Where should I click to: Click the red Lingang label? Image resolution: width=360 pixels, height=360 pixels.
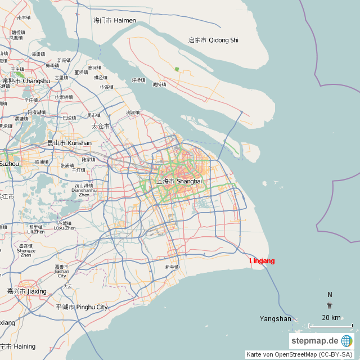(x=262, y=261)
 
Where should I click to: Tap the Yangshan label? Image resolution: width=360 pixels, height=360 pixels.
(x=275, y=319)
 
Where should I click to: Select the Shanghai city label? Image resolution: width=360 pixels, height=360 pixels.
(x=179, y=182)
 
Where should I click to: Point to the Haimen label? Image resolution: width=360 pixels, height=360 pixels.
(x=115, y=20)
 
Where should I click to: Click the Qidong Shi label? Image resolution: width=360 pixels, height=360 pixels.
(x=213, y=40)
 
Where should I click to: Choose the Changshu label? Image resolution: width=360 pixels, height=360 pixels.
(x=26, y=81)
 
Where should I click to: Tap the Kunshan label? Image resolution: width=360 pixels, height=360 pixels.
(x=70, y=143)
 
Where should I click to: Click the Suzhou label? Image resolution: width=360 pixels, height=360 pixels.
(x=9, y=164)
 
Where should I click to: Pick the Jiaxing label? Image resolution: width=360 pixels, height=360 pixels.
(x=26, y=291)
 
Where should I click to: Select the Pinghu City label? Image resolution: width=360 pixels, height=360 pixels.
(x=82, y=307)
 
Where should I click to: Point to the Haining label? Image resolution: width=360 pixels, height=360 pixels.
(x=18, y=346)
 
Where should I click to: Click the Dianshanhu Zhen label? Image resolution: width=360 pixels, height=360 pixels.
(x=84, y=190)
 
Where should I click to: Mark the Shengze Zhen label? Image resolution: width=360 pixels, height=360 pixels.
(x=26, y=251)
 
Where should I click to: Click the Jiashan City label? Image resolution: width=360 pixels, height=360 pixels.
(x=61, y=271)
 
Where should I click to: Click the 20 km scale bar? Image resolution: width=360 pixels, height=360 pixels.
(x=330, y=325)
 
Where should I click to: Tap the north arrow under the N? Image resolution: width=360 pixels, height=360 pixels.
(x=330, y=305)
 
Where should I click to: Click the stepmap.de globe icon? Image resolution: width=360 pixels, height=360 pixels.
(x=346, y=341)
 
